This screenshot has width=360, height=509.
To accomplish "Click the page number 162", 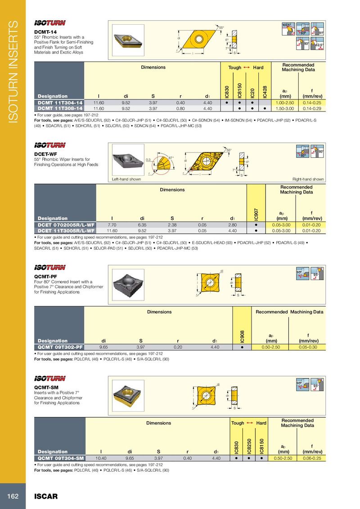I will (x=12, y=496).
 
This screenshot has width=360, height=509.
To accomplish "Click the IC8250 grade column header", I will (x=248, y=445).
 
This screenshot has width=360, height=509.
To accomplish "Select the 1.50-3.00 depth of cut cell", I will (x=284, y=108).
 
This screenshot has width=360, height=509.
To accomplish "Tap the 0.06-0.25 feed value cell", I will (x=310, y=458).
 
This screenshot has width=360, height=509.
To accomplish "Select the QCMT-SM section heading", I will (x=46, y=387).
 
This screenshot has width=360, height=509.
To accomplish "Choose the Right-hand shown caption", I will (x=308, y=179).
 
